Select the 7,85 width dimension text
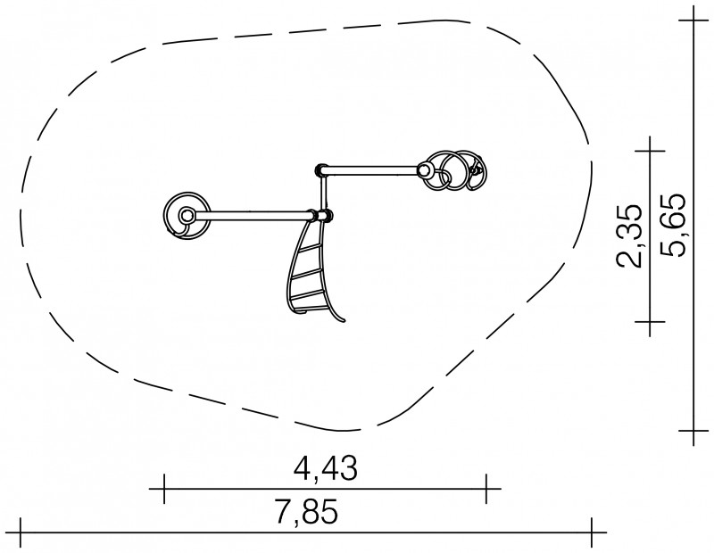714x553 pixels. click(x=307, y=512)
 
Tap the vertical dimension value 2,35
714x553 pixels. click(x=629, y=235)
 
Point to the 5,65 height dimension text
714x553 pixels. click(x=672, y=226)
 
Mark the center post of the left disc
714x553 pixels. click(x=186, y=215)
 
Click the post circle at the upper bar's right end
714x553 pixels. click(x=424, y=171)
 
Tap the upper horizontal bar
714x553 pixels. click(x=370, y=170)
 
